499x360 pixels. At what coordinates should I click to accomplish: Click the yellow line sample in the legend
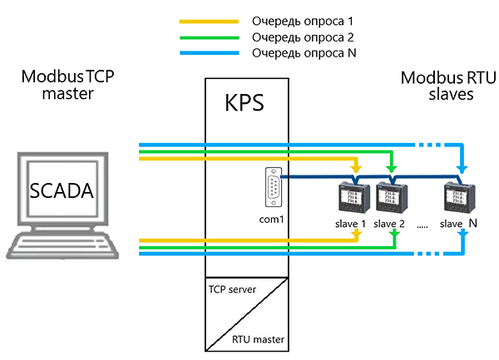pos(208,17)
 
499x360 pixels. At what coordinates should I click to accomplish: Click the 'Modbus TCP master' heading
pos(68,85)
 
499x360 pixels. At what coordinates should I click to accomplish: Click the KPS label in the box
pos(246,104)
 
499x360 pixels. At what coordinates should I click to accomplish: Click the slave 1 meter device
pos(348,199)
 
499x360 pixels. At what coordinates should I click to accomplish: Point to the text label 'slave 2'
pos(390,224)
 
